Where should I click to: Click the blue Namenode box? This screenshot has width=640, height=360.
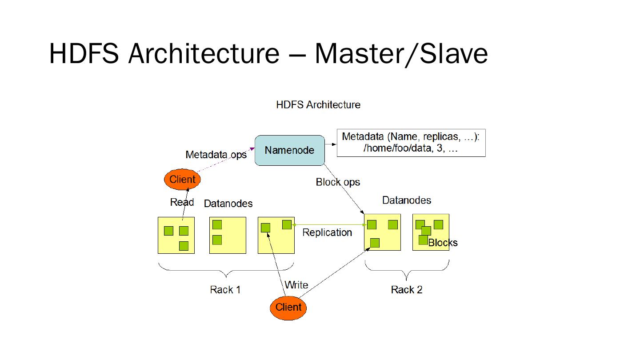coord(289,150)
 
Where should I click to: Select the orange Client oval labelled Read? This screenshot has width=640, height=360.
coord(182,180)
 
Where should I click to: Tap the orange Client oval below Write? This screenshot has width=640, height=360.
coord(288,307)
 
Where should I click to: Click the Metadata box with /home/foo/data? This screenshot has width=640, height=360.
coord(411,143)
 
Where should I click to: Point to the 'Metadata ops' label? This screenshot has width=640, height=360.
coord(216,155)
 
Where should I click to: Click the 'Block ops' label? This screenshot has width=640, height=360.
coord(338,182)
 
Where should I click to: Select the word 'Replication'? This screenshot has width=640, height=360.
coord(327,232)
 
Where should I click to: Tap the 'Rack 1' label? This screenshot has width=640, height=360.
coord(225,290)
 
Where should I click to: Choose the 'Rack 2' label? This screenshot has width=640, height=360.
coord(406,290)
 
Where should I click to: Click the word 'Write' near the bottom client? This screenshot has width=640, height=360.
coord(296,285)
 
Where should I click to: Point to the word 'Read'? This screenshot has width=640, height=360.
coord(182,202)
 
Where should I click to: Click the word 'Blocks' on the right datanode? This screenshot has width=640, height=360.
coord(443,243)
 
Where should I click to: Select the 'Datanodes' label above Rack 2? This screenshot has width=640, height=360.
coord(406,200)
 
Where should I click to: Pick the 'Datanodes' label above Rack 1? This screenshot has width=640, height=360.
coord(228,204)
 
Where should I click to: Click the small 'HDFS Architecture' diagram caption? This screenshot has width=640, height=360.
coord(318,105)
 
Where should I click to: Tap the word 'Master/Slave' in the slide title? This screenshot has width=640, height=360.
coord(401,54)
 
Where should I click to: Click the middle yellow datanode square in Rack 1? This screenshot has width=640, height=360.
coord(228,235)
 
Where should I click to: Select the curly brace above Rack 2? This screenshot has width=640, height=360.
coord(407,267)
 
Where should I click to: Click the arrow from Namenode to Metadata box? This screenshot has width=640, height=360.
coord(331,144)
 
